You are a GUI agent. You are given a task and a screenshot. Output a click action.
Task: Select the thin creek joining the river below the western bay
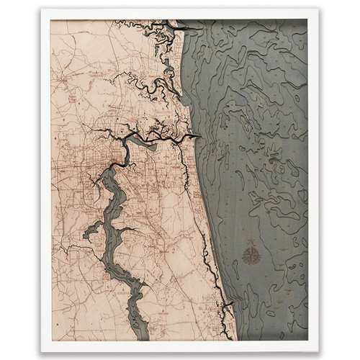pos(76,252)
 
